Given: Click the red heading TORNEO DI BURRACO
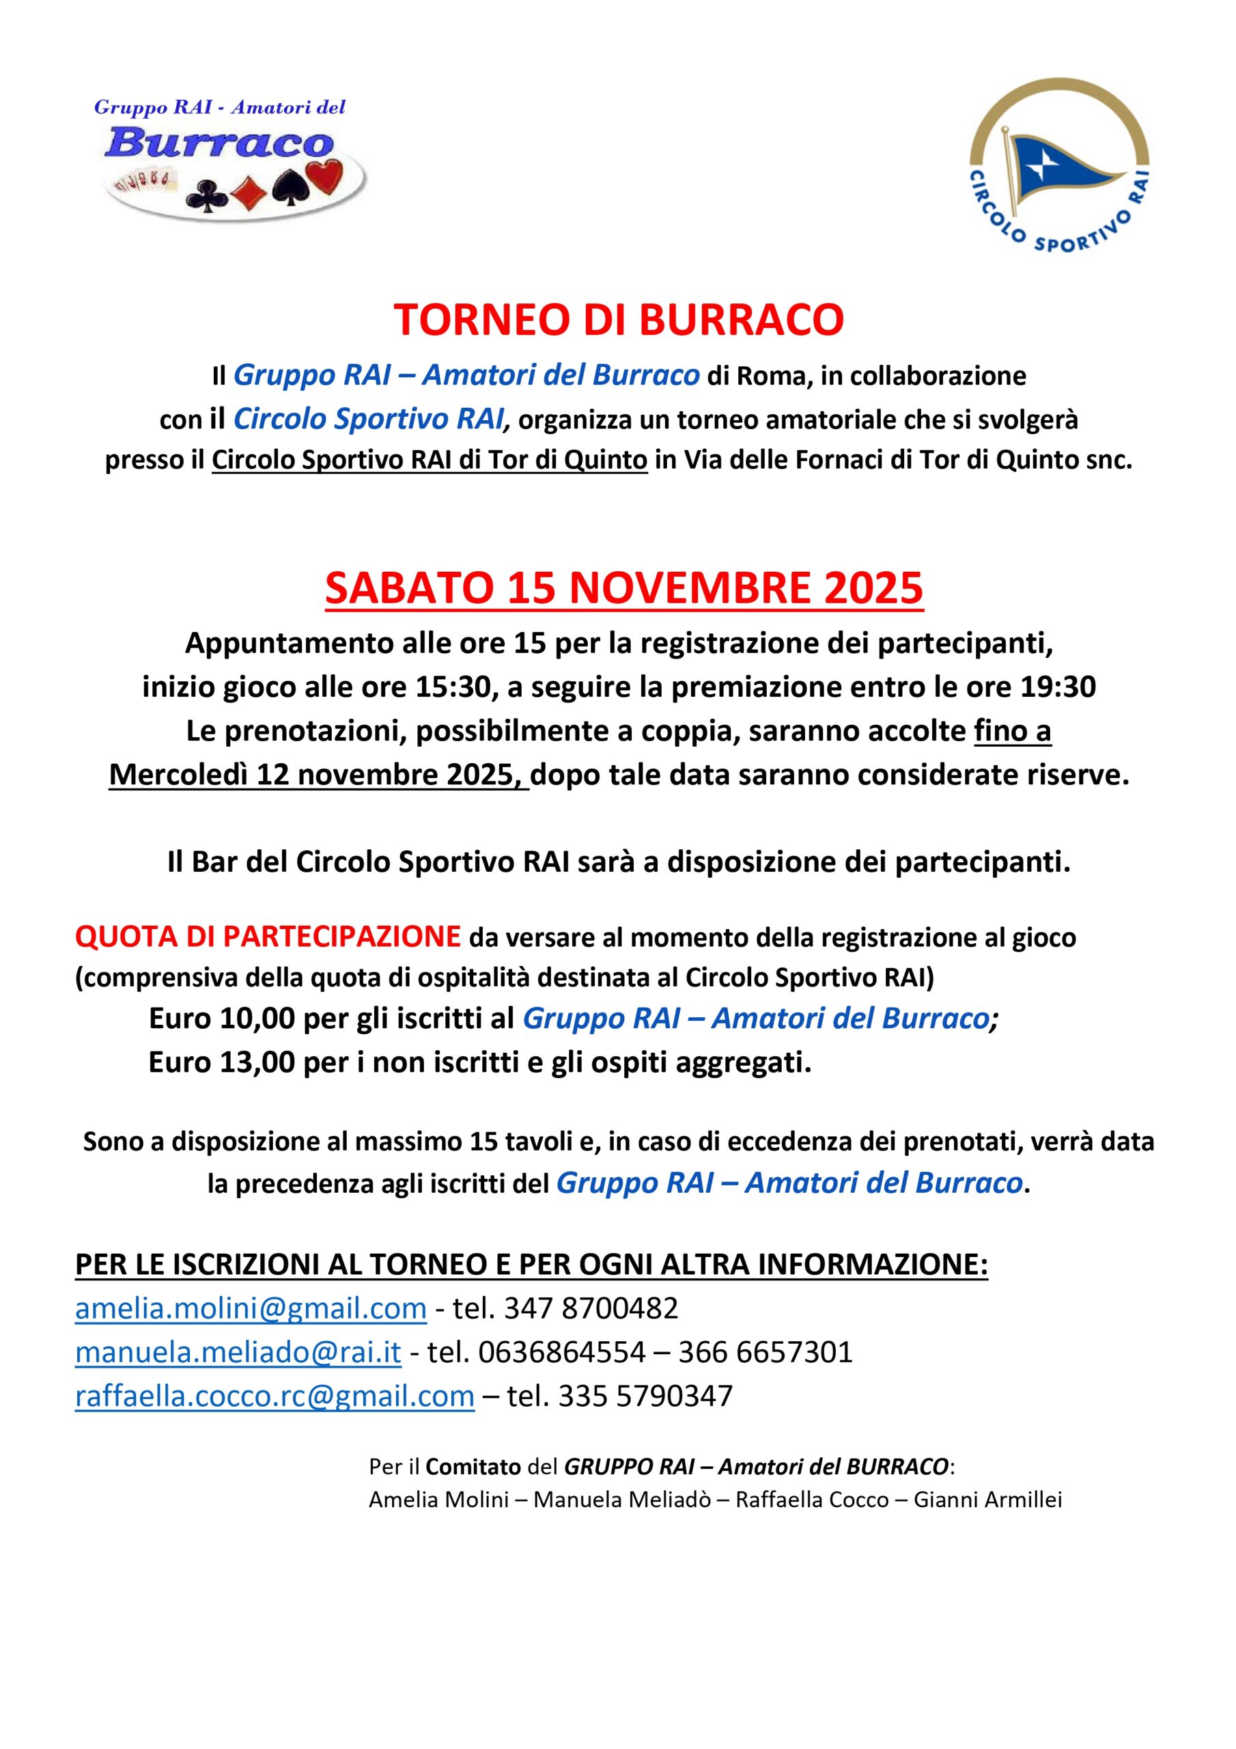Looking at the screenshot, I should [619, 320].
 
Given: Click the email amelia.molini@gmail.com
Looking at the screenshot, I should [251, 1308].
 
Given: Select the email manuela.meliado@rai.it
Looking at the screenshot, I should [238, 1351].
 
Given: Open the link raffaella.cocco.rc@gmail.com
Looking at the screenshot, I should [274, 1396].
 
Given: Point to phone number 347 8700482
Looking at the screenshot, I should [590, 1308].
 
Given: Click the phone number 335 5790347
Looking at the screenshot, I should [645, 1396].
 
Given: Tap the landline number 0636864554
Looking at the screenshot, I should [561, 1351].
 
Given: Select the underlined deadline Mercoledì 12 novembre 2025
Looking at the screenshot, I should [318, 775].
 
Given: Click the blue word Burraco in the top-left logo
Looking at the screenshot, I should [219, 144].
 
